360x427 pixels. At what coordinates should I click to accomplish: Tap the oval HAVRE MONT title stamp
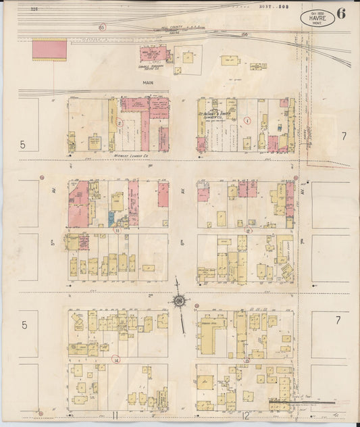click(317, 18)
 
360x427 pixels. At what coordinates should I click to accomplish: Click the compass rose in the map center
click(180, 300)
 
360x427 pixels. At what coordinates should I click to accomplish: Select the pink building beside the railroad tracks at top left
click(49, 49)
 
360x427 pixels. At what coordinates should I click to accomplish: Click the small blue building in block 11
click(111, 218)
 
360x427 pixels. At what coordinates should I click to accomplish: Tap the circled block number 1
click(247, 122)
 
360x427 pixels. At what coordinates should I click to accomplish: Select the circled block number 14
click(116, 360)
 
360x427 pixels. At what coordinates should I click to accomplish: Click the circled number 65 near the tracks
click(102, 28)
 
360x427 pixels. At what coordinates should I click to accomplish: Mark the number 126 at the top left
click(34, 9)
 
